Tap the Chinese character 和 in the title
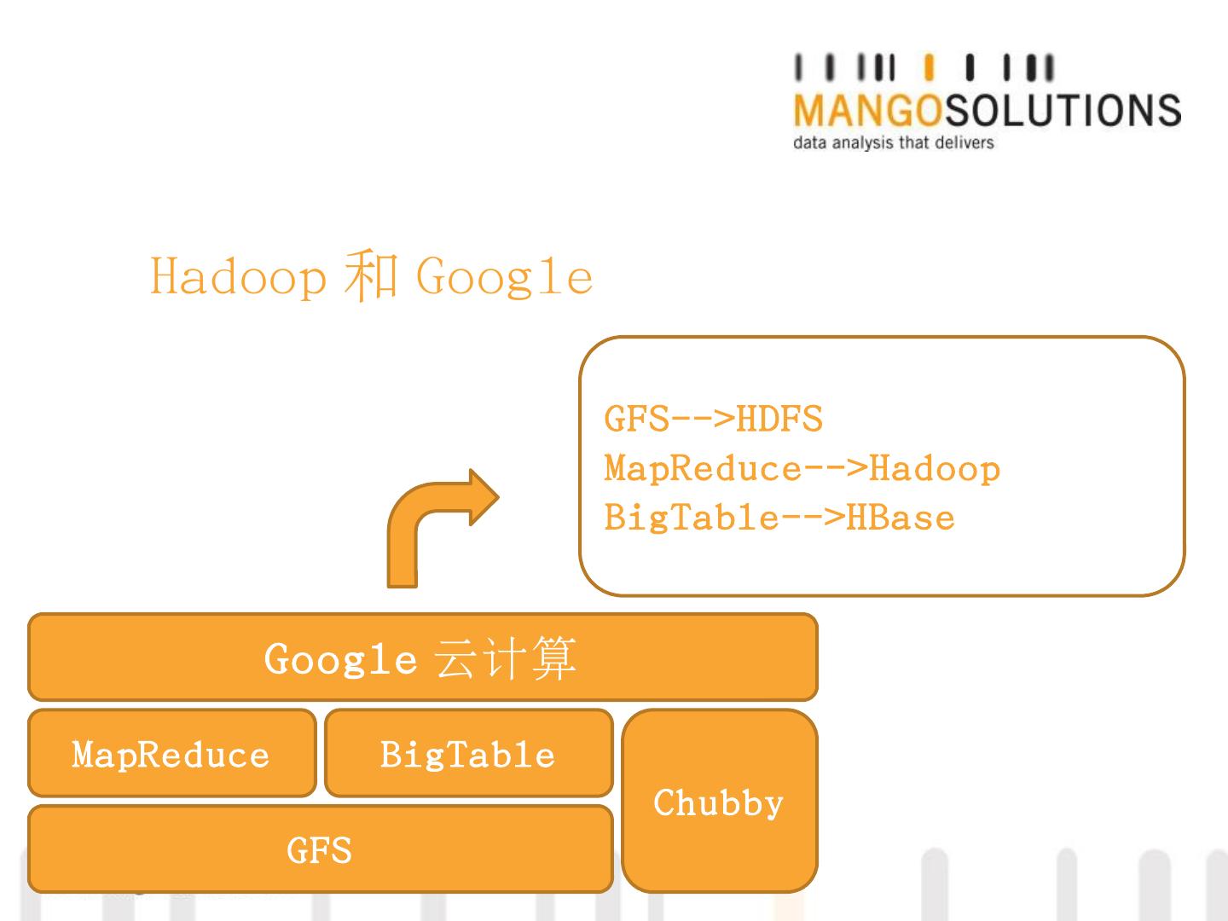371,275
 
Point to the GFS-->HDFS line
713,420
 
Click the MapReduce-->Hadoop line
802,469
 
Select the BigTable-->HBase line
779,518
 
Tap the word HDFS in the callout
779,420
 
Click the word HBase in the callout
900,518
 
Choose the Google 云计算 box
422,657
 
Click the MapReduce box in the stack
171,754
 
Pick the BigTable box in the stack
468,754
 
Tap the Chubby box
719,802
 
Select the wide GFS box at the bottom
320,849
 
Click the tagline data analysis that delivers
893,142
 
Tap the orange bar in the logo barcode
929,69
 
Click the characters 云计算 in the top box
506,658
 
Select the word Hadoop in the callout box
935,469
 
